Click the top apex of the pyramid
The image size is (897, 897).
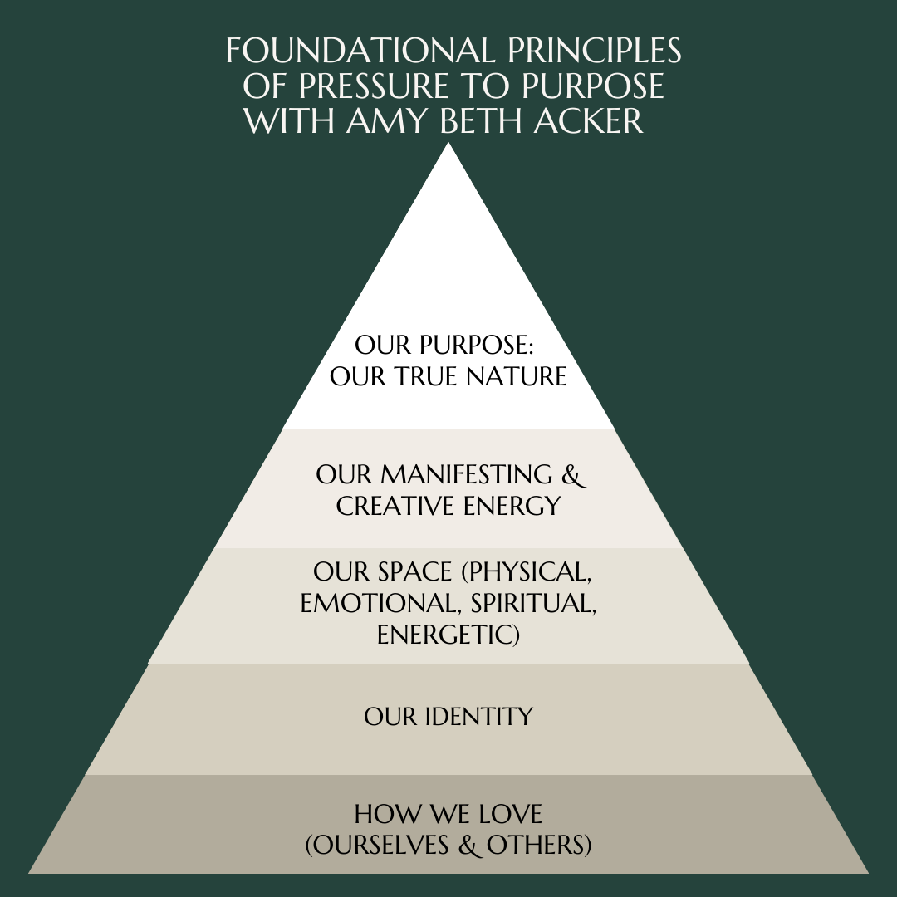448,146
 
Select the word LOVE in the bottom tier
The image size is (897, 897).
509,813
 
